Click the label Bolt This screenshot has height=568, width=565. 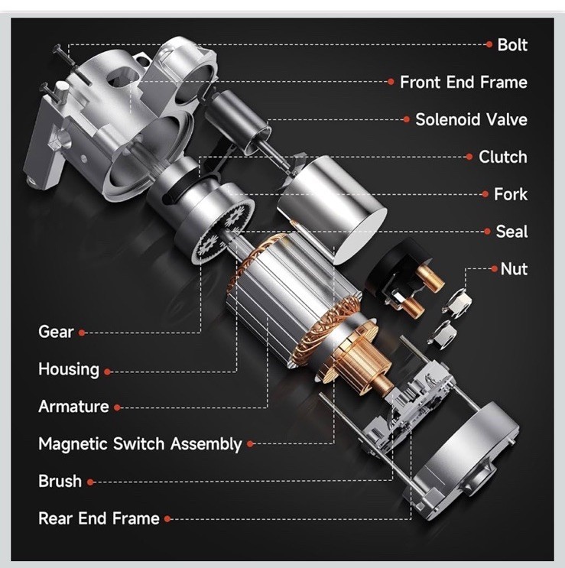point(512,45)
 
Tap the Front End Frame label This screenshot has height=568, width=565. point(463,83)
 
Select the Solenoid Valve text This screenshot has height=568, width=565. point(471,119)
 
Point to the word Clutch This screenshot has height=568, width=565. point(503,157)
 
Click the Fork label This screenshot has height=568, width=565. point(511,194)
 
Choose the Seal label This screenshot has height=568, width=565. point(511,232)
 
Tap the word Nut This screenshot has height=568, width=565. point(514,269)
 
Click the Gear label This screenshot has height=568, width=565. point(56,332)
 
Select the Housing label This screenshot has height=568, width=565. point(69,369)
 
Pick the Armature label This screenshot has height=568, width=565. point(73,407)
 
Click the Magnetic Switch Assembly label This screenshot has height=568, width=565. point(140,444)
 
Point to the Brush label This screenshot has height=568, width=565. point(60,481)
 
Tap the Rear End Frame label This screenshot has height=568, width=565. point(99,518)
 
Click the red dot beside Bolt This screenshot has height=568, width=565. point(489,44)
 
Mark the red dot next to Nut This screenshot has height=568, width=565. point(495,269)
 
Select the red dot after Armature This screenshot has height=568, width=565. point(117,407)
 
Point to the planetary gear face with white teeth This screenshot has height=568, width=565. point(222,232)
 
